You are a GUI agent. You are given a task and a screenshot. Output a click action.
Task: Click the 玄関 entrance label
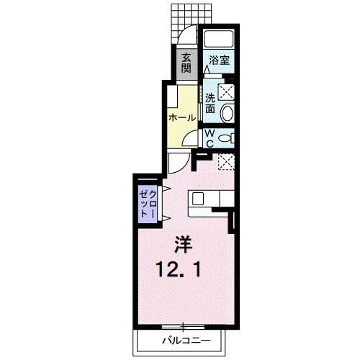186,63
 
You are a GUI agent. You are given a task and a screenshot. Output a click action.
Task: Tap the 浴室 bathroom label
219,60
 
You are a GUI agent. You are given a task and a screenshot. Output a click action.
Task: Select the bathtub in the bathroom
218,38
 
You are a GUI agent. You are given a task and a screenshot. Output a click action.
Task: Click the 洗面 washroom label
210,104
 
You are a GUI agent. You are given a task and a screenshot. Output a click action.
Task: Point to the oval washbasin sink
227,114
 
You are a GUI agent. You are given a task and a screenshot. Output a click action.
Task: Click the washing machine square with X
225,91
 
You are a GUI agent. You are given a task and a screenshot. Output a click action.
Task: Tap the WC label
210,138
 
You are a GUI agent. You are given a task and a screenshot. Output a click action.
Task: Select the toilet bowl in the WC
225,138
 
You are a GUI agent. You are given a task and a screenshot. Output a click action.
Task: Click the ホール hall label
182,118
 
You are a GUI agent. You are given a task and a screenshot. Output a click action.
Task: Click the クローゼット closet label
148,204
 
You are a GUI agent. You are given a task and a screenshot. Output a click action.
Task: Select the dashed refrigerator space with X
226,162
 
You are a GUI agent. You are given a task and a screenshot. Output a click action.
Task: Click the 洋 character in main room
184,244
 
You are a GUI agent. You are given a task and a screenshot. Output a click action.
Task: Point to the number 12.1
178,269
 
